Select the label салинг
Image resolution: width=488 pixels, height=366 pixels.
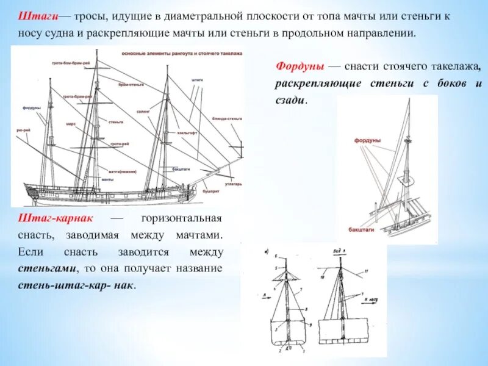[x=160, y=112]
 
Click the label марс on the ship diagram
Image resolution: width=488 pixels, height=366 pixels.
[x=71, y=123]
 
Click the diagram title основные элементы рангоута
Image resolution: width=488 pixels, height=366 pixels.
[x=181, y=54]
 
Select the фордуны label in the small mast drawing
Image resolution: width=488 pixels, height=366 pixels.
[x=367, y=140]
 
